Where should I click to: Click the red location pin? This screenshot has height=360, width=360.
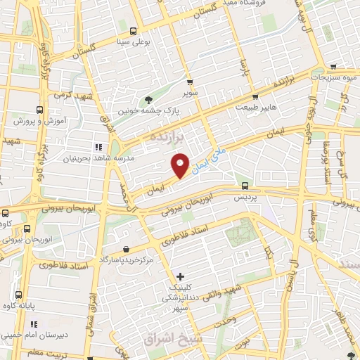181,165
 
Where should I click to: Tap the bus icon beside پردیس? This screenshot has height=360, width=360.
245,186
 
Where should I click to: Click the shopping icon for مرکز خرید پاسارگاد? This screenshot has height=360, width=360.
126,249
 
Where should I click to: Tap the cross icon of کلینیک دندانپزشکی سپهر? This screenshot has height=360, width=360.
181,276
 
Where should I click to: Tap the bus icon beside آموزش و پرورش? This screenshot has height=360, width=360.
39,110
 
